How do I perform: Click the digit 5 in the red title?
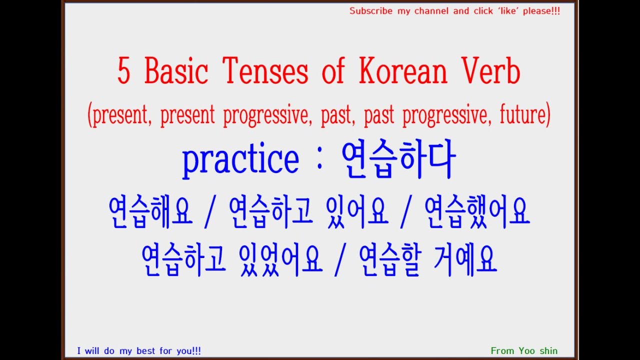(124, 71)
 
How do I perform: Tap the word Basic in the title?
(176, 71)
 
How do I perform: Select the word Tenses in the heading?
(265, 71)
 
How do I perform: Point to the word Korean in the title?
(402, 71)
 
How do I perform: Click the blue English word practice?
(240, 159)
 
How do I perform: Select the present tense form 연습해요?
(150, 212)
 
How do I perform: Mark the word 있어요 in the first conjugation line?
(357, 212)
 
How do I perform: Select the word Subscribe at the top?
(370, 11)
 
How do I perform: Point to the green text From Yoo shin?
(524, 351)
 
